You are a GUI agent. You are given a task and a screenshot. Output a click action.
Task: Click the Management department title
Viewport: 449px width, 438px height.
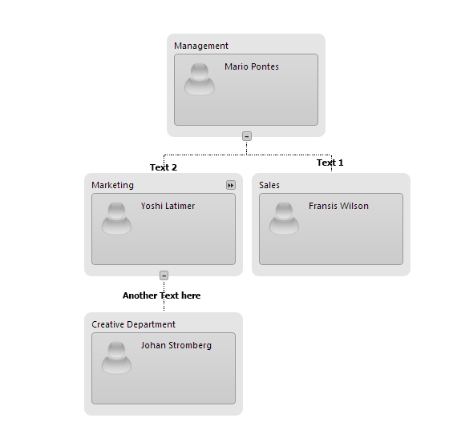(x=201, y=46)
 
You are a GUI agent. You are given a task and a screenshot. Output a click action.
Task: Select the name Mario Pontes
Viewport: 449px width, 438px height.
(x=252, y=66)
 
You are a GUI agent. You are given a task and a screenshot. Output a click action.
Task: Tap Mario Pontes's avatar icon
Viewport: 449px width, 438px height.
(x=200, y=78)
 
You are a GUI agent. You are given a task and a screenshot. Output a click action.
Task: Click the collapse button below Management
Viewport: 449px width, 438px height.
(x=247, y=136)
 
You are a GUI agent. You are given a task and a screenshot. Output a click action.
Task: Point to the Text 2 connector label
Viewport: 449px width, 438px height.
(x=164, y=167)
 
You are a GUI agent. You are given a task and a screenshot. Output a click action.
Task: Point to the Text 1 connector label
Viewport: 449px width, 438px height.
(x=330, y=163)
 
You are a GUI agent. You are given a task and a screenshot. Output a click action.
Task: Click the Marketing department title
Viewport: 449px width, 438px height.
(x=112, y=185)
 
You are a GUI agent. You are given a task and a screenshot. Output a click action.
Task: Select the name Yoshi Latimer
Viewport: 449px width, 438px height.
(x=168, y=206)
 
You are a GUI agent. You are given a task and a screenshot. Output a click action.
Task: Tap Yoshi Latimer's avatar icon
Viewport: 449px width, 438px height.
(x=116, y=218)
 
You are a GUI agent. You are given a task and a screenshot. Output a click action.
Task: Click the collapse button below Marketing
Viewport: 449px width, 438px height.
(x=164, y=275)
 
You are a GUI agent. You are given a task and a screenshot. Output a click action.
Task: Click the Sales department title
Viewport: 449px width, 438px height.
(x=269, y=185)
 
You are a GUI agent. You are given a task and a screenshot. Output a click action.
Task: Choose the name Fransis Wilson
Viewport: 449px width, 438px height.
(x=338, y=206)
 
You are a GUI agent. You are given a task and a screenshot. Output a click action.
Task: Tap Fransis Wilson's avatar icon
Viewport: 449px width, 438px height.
(x=284, y=218)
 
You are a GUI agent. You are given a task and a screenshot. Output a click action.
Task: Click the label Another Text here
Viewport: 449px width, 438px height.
(x=161, y=295)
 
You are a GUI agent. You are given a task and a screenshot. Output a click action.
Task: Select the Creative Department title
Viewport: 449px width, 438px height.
(x=133, y=324)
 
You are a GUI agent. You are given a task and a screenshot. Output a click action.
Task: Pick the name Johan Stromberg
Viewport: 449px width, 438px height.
(x=176, y=345)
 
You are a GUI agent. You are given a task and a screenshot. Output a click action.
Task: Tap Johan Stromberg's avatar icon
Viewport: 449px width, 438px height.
(x=116, y=357)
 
